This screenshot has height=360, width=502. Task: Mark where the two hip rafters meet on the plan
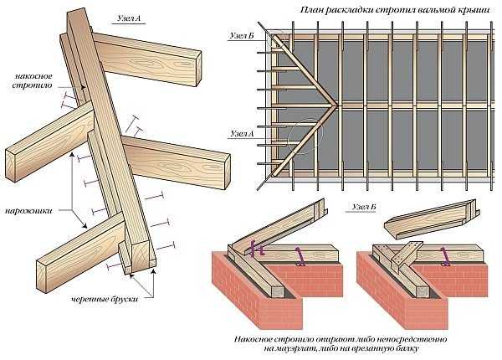pyautogui.click(x=334, y=109)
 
